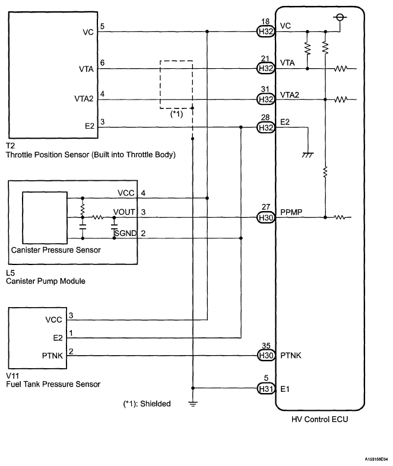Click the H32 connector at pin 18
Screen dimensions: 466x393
coord(265,33)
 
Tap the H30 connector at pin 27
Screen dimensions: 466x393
coord(265,218)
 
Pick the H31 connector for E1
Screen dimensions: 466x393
coord(265,388)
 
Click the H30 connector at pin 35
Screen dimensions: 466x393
coord(265,356)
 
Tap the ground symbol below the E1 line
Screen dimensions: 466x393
coord(193,404)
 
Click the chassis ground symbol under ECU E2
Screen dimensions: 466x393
coord(308,154)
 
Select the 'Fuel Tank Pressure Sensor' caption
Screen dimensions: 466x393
coord(53,384)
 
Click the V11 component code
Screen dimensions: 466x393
coord(11,376)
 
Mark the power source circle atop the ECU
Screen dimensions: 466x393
coord(340,17)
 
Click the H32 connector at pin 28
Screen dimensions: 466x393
coord(265,127)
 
